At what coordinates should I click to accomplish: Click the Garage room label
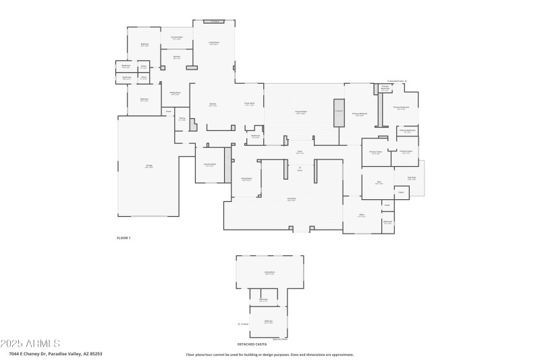click(x=148, y=167)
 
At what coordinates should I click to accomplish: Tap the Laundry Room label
click(x=209, y=165)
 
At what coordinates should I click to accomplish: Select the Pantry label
click(x=182, y=120)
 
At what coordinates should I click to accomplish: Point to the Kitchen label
click(x=213, y=105)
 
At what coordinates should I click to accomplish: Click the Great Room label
click(x=249, y=104)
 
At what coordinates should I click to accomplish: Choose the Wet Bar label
click(x=176, y=57)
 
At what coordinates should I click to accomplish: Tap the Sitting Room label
click(x=175, y=94)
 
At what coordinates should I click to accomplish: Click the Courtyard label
click(x=292, y=199)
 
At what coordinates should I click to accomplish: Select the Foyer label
click(x=300, y=153)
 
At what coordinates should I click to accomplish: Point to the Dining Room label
click(x=246, y=180)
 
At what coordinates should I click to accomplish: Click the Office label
click(x=362, y=216)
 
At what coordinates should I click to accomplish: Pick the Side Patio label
click(x=412, y=178)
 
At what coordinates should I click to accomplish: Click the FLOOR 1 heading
click(x=124, y=238)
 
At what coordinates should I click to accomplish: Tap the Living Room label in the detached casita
click(x=269, y=273)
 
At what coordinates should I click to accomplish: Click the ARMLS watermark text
click(x=30, y=344)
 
